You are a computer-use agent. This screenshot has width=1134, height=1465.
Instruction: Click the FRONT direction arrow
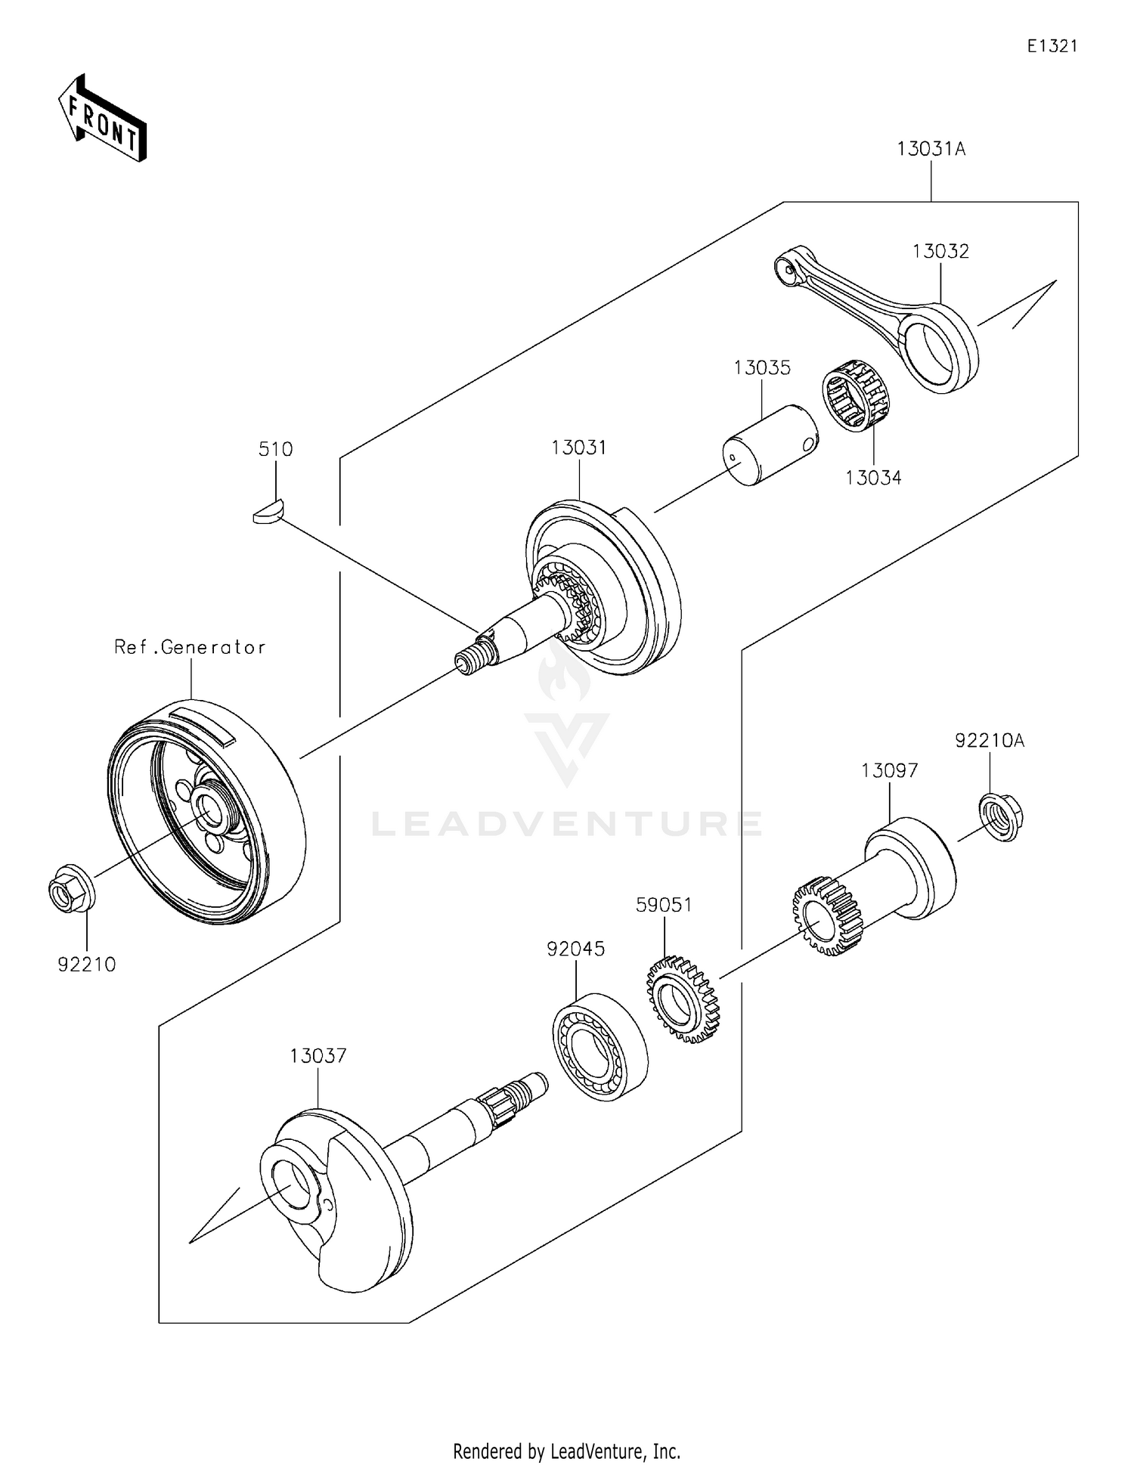click(103, 119)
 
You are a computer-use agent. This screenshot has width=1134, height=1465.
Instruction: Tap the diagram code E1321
click(1052, 46)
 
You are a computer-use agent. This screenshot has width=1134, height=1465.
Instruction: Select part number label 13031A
click(931, 149)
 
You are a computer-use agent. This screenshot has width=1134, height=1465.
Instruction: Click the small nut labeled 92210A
click(1002, 816)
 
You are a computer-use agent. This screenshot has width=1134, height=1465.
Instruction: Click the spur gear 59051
click(681, 999)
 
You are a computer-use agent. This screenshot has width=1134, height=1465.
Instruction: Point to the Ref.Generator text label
click(190, 647)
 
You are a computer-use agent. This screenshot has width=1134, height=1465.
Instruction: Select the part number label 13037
click(318, 1055)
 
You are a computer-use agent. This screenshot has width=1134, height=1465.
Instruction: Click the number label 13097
click(889, 770)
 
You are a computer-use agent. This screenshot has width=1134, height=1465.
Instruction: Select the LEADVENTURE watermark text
click(567, 823)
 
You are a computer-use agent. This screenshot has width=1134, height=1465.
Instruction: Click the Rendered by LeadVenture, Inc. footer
click(566, 1451)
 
